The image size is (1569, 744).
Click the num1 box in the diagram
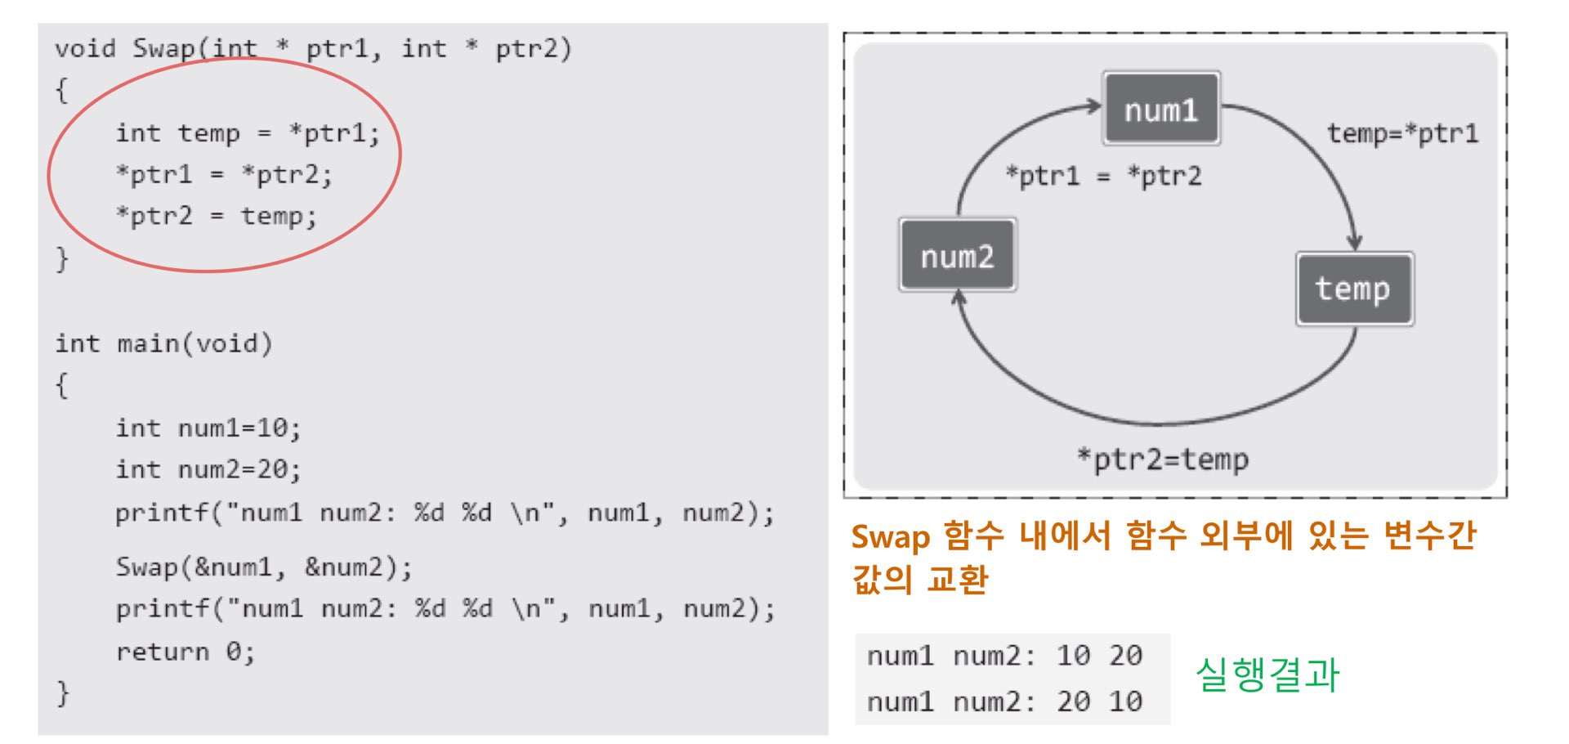pyautogui.click(x=1161, y=109)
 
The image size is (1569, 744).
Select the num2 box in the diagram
pyautogui.click(x=958, y=255)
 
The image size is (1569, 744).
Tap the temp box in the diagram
pyautogui.click(x=1354, y=289)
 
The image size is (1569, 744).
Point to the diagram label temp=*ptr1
pyautogui.click(x=1402, y=133)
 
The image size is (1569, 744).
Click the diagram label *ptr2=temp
pyautogui.click(x=1163, y=459)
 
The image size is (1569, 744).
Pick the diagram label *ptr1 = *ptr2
pyautogui.click(x=1103, y=176)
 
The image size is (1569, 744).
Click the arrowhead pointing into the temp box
pyautogui.click(x=1354, y=242)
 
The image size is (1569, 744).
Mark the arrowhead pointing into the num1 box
pyautogui.click(x=1093, y=105)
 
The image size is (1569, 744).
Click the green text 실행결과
pyautogui.click(x=1267, y=675)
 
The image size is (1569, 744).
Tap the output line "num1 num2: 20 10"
pyautogui.click(x=1004, y=701)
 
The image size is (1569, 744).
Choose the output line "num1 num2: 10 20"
pyautogui.click(x=1004, y=656)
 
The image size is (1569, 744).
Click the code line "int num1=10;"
pyautogui.click(x=208, y=428)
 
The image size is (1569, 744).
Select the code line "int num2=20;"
pyautogui.click(x=208, y=470)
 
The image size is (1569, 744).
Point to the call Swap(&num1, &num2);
pyautogui.click(x=264, y=567)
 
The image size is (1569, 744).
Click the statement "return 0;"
pyautogui.click(x=186, y=652)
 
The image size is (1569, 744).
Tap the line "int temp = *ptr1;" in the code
pyautogui.click(x=248, y=133)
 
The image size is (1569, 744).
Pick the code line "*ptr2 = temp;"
pyautogui.click(x=217, y=216)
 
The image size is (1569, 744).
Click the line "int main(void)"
pyautogui.click(x=163, y=343)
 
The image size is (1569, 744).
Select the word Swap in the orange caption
pyautogui.click(x=891, y=537)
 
